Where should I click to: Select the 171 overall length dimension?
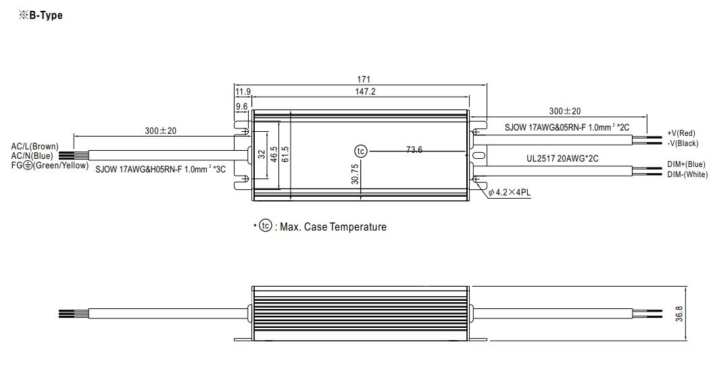pyautogui.click(x=364, y=80)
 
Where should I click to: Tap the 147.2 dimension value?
pyautogui.click(x=365, y=91)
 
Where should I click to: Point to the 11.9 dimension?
pyautogui.click(x=243, y=91)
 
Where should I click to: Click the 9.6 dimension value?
pyautogui.click(x=241, y=107)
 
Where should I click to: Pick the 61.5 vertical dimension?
pyautogui.click(x=285, y=154)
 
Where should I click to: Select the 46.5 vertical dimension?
pyautogui.click(x=273, y=154)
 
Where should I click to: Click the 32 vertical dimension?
pyautogui.click(x=262, y=154)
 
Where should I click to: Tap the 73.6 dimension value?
pyautogui.click(x=414, y=149)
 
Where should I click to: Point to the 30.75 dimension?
pyautogui.click(x=355, y=174)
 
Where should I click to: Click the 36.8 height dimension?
pyautogui.click(x=679, y=314)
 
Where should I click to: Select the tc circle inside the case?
pyautogui.click(x=361, y=151)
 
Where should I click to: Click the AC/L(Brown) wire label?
pyautogui.click(x=35, y=147)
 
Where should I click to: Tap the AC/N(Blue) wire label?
pyautogui.click(x=32, y=156)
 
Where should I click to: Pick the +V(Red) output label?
pyautogui.click(x=681, y=133)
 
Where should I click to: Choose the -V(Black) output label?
pyautogui.click(x=683, y=143)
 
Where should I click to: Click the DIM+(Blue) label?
pyautogui.click(x=686, y=164)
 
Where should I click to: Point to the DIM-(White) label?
pyautogui.click(x=687, y=174)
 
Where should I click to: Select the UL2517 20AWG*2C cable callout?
pyautogui.click(x=562, y=159)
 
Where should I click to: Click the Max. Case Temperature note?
pyautogui.click(x=333, y=226)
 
